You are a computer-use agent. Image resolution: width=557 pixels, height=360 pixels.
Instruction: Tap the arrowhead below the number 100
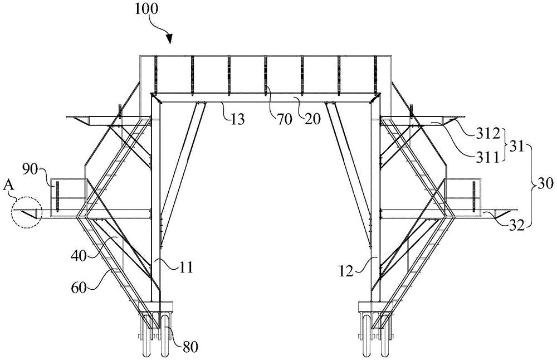coord(169,39)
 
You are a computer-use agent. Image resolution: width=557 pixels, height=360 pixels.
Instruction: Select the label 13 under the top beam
coord(238,119)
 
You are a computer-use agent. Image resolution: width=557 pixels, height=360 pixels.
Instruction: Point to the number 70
coord(285,119)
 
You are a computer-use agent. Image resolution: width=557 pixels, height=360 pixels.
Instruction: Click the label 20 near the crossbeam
coord(312,119)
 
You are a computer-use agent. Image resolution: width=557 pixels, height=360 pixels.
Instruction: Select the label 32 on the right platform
coord(516,225)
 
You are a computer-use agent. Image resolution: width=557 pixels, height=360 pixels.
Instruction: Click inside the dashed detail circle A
coord(27,213)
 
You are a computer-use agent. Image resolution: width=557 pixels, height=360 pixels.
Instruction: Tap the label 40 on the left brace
coord(79,256)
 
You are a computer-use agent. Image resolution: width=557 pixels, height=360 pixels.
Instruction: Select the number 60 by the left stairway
coord(79,287)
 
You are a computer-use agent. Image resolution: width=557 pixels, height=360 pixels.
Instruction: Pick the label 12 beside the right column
coord(346,272)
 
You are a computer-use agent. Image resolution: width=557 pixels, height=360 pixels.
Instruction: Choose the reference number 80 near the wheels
coord(190,347)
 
